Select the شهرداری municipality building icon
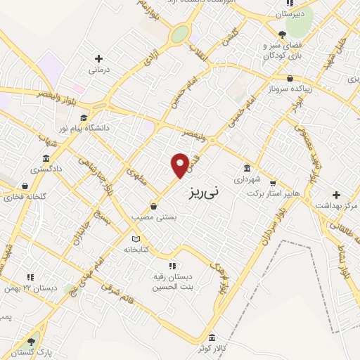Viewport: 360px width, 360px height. pos(247,168)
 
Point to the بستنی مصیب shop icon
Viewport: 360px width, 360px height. pos(153,207)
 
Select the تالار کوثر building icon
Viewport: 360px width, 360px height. pos(221,337)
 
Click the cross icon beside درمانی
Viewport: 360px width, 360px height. pos(98,59)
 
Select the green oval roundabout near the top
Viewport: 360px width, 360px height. pos(181,33)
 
